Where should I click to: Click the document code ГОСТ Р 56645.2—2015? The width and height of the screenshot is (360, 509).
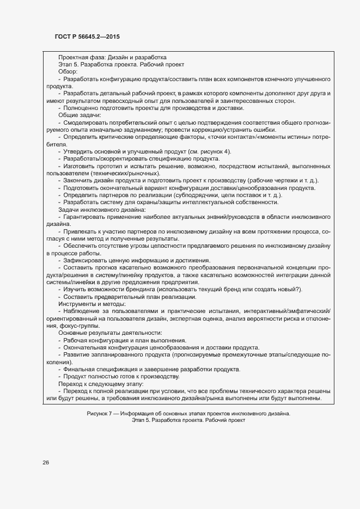tap(87, 36)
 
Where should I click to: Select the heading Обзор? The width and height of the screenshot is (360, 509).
tap(68, 71)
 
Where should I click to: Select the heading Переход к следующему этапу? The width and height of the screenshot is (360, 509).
tap(97, 383)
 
